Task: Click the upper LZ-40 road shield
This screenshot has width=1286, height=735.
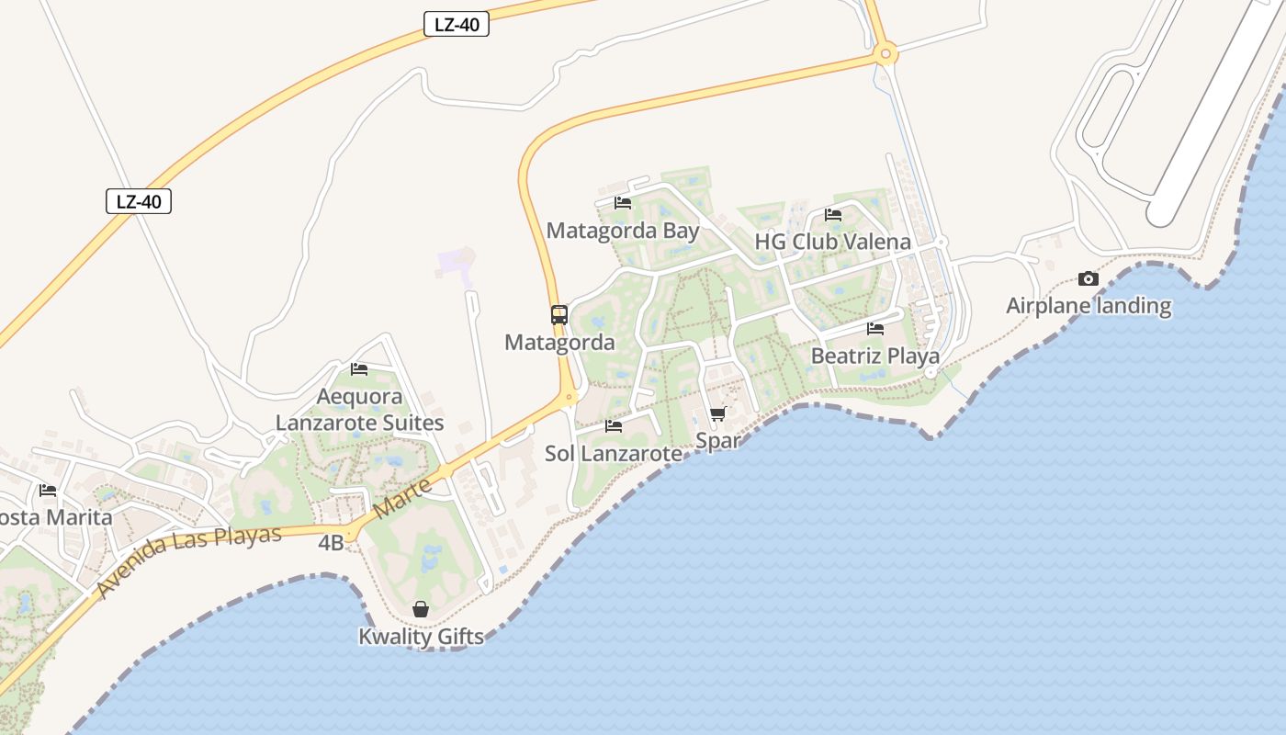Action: [457, 25]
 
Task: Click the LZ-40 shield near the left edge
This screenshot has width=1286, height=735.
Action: [139, 201]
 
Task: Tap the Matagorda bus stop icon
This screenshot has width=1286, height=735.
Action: [559, 315]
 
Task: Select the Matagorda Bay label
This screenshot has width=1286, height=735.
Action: [623, 231]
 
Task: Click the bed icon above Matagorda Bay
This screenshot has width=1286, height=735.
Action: [623, 203]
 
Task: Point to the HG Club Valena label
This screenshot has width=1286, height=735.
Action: [832, 242]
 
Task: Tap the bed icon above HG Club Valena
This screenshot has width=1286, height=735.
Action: [833, 215]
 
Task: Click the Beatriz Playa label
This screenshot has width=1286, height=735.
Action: [874, 356]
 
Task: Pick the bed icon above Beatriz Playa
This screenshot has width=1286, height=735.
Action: [875, 328]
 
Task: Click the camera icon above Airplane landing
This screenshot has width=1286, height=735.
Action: [1089, 278]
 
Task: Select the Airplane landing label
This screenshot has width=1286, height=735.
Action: [1089, 306]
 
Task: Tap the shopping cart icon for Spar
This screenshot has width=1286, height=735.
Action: [718, 414]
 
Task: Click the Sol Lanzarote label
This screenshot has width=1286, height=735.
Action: [614, 453]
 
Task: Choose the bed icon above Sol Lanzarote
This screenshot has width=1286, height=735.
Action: [614, 426]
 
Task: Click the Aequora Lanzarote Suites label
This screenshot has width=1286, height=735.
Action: [360, 410]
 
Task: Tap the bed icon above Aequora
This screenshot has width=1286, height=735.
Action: [359, 369]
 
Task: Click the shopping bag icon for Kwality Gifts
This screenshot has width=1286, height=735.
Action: [421, 609]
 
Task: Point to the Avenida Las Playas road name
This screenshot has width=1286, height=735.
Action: [188, 561]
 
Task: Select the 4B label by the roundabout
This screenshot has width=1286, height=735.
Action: [331, 543]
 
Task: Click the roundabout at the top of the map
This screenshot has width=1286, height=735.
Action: [886, 53]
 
